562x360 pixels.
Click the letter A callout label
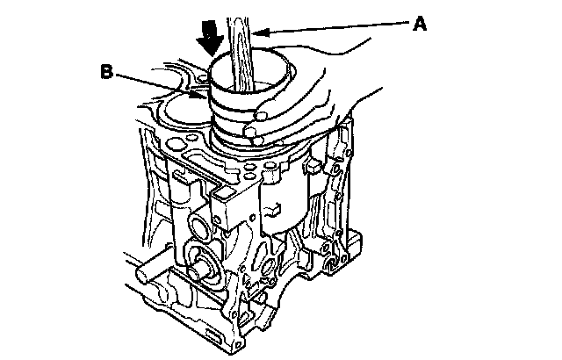pos(420,24)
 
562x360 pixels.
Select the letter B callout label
pos(107,72)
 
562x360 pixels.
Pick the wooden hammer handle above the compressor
pos(239,54)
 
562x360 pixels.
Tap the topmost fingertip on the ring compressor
pos(262,115)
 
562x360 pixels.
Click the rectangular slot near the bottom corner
pos(215,336)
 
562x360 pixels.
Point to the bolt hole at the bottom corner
pos(239,344)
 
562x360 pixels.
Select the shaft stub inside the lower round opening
pos(198,271)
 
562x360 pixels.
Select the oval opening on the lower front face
pos(270,267)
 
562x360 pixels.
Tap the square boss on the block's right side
pos(313,166)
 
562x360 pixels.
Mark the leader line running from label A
pos(331,27)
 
